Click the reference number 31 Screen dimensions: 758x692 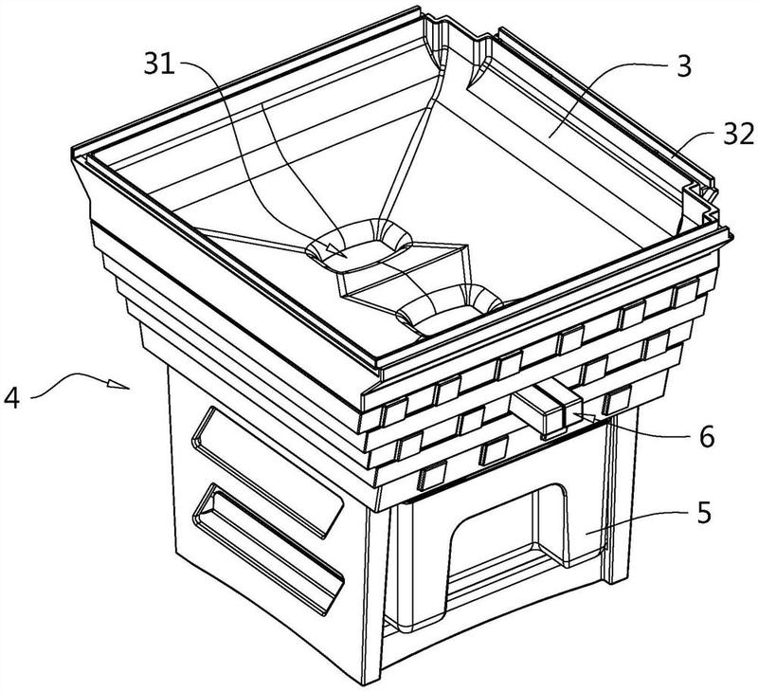click(159, 64)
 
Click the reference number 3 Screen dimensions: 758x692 click(684, 66)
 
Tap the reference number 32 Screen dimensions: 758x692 click(739, 135)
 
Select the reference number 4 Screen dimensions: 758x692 click(11, 399)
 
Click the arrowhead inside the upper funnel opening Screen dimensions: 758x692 click(334, 250)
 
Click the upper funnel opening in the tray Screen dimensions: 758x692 click(359, 245)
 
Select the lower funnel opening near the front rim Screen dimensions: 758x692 click(449, 309)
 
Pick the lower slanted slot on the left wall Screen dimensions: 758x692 click(267, 548)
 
